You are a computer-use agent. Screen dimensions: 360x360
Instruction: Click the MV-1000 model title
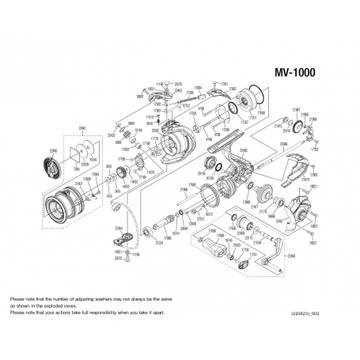pos(294,70)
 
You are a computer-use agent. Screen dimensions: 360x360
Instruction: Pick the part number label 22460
pos(54,150)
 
